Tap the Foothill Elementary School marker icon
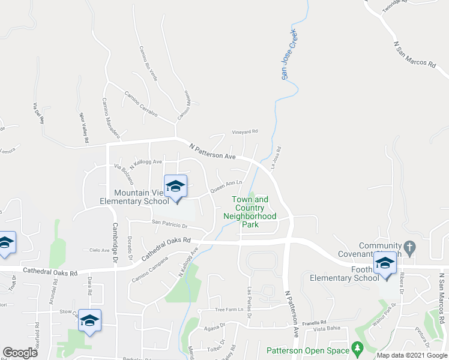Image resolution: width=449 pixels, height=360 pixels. [x=385, y=263]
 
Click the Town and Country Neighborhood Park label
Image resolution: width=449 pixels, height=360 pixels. [x=250, y=212]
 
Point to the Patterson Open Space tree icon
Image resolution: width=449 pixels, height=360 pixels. [x=358, y=348]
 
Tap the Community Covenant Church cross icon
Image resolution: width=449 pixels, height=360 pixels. [x=409, y=247]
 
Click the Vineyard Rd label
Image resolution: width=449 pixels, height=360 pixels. [x=245, y=131]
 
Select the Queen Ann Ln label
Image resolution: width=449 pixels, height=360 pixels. [x=225, y=187]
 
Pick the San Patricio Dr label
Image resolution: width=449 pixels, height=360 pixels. [x=170, y=224]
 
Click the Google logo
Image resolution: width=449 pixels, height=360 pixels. [x=20, y=353]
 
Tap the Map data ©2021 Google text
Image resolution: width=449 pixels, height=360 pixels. [x=411, y=355]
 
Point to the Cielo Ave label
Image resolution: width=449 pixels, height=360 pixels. [x=99, y=250]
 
